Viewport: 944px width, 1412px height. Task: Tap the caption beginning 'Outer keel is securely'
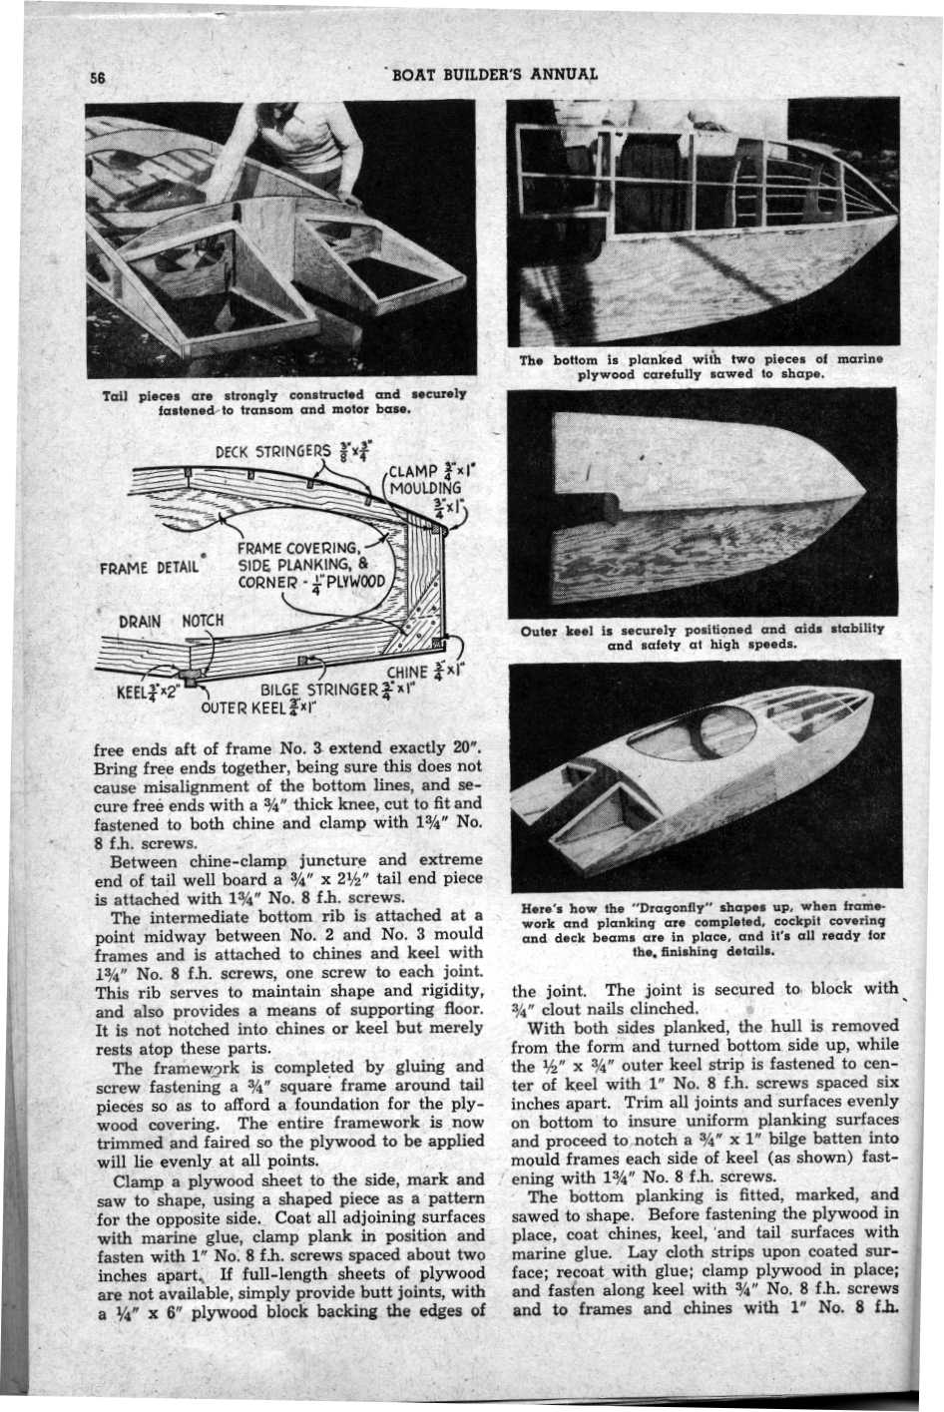coord(703,638)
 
